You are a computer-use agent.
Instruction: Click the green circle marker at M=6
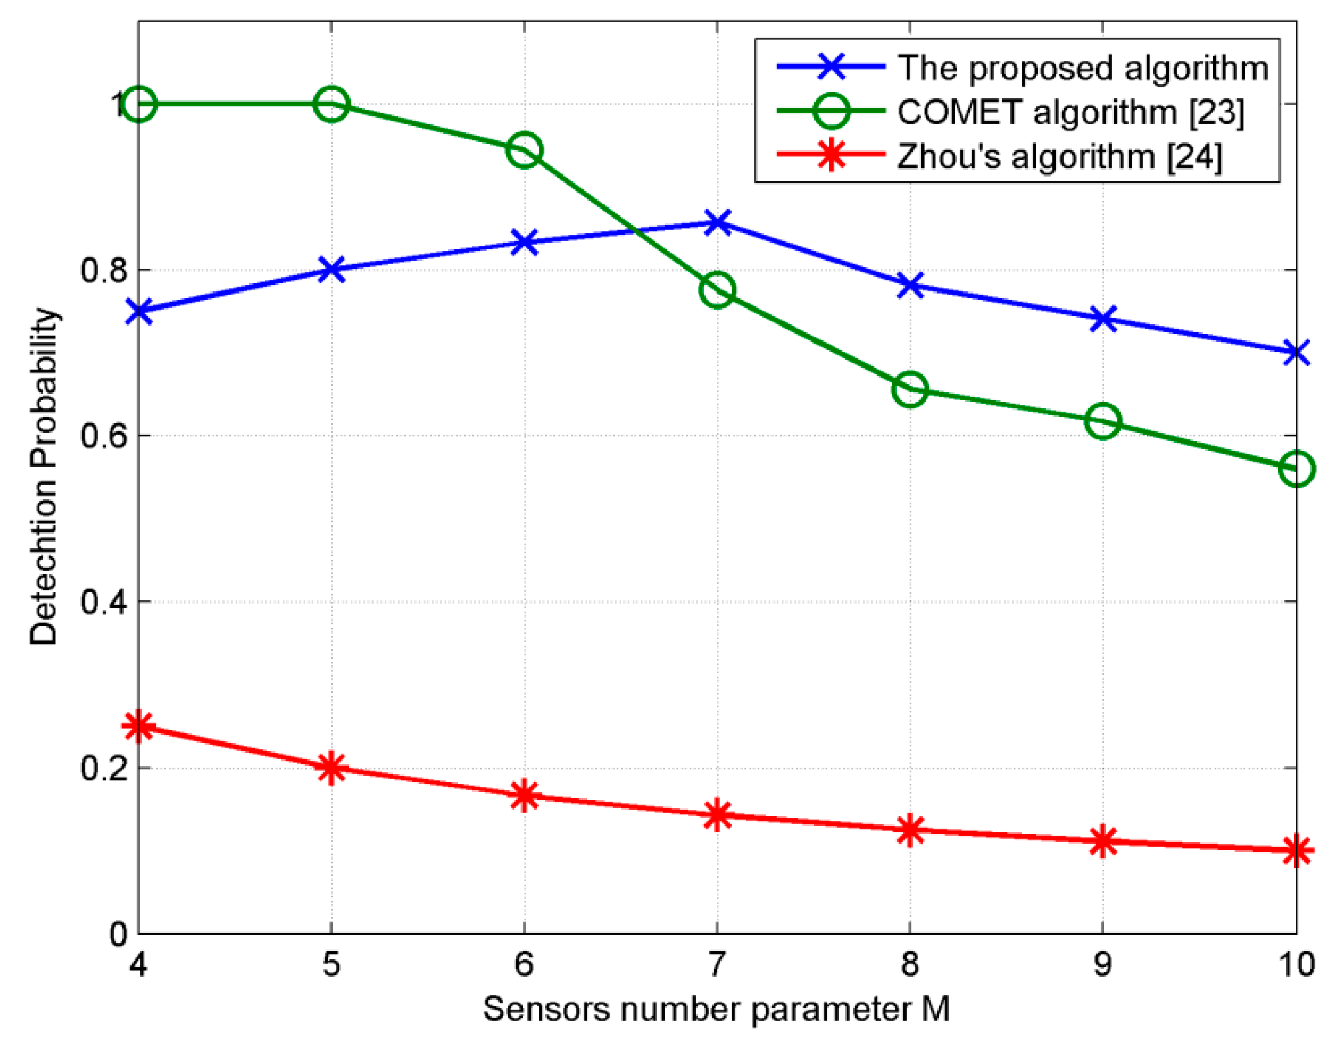tap(524, 150)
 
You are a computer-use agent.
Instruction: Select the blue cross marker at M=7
tap(717, 223)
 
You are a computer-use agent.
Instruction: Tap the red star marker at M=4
tap(139, 726)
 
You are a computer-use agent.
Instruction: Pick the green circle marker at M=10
tap(1296, 469)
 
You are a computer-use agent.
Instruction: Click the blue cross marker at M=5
tap(331, 269)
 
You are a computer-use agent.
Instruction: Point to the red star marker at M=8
tap(909, 830)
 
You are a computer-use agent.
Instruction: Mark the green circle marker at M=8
tap(909, 390)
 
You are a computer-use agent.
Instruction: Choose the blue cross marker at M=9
tap(1102, 319)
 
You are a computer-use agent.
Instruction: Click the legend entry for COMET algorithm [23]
tap(1070, 112)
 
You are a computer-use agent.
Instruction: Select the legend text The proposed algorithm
tap(1082, 68)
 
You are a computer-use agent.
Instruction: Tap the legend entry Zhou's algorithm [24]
tap(1059, 156)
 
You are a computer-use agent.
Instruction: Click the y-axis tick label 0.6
tap(104, 436)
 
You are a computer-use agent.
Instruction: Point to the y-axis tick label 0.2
tap(104, 768)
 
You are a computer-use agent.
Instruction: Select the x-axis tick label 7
tap(716, 964)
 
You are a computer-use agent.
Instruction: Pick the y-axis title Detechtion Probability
tap(44, 476)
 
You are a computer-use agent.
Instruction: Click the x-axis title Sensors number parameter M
tap(716, 1009)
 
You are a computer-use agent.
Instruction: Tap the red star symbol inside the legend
tap(831, 155)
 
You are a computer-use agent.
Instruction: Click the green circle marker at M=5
tap(331, 104)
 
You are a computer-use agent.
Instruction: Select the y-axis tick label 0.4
tap(104, 602)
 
